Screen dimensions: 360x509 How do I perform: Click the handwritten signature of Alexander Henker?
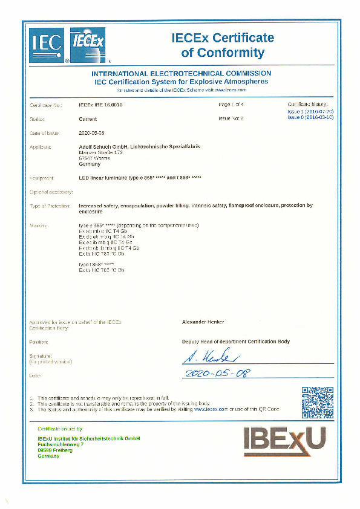[x=213, y=357]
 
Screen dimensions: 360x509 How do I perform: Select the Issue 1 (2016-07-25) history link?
[x=310, y=112]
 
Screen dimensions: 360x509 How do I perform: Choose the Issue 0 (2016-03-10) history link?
[x=310, y=118]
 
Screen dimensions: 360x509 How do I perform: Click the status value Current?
[x=88, y=119]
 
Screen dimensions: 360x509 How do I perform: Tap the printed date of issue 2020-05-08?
[x=92, y=132]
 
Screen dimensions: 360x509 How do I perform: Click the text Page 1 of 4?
[x=231, y=105]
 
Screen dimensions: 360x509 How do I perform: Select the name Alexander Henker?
[x=203, y=322]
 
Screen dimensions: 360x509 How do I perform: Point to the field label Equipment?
[x=42, y=178]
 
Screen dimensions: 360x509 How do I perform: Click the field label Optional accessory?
[x=51, y=192]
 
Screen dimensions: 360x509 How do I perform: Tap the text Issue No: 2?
[x=231, y=119]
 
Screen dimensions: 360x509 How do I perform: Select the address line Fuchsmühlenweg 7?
[x=61, y=444]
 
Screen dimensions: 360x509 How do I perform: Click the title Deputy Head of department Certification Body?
[x=236, y=342]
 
